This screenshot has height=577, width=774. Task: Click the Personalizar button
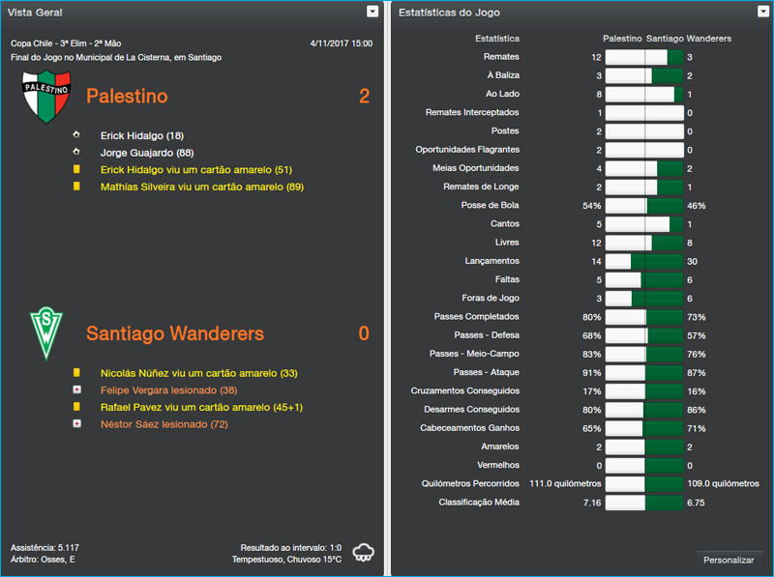[729, 560]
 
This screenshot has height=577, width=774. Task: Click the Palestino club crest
[45, 96]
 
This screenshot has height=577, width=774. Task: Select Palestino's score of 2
[364, 96]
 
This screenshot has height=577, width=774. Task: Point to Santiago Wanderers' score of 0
[364, 333]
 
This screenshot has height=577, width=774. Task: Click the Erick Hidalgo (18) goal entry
[141, 136]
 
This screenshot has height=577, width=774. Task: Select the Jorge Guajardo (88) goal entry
[146, 153]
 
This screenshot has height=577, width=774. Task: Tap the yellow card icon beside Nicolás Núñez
[76, 373]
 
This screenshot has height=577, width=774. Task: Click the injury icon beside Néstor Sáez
[76, 424]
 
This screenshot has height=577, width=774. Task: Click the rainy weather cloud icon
[365, 553]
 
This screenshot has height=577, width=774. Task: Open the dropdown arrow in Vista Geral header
[372, 12]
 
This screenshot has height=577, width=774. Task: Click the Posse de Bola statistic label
[490, 206]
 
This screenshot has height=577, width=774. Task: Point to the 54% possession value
[591, 206]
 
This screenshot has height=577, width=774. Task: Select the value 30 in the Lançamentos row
[692, 261]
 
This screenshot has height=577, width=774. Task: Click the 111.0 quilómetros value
[565, 483]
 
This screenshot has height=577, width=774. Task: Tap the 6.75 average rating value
[696, 503]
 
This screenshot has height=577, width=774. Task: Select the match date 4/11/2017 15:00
[341, 43]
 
